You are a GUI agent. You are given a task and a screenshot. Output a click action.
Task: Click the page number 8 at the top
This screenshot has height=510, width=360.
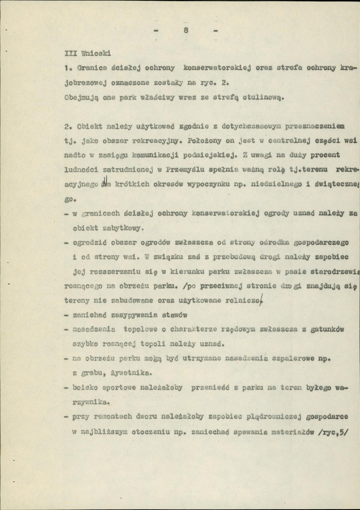[x=186, y=30]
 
